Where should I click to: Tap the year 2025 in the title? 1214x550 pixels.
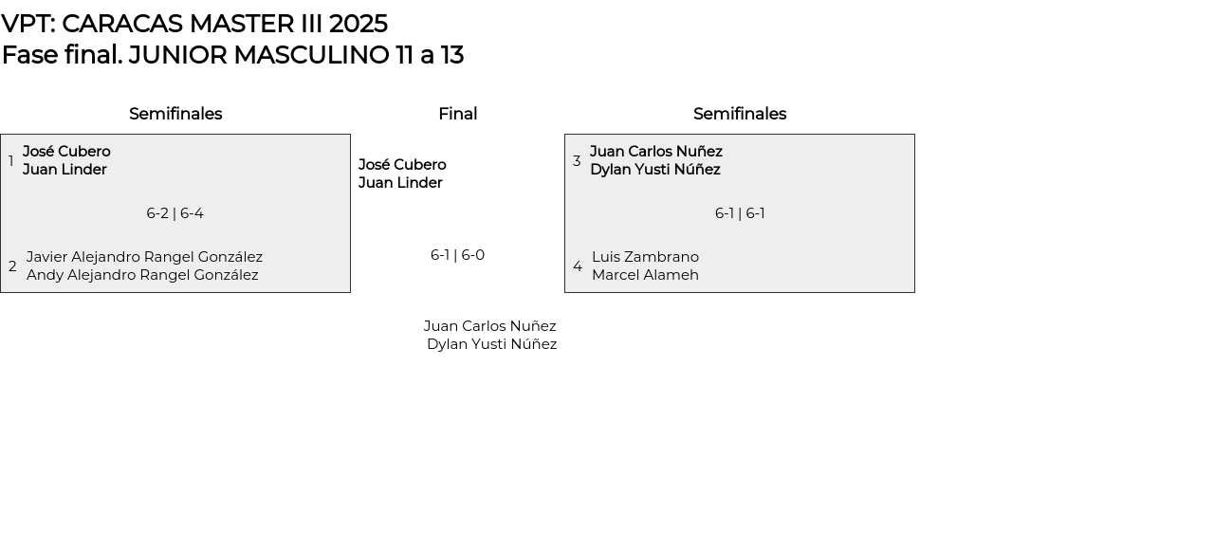point(358,24)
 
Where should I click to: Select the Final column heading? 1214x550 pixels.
point(457,114)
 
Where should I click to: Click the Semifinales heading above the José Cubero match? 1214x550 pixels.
point(175,114)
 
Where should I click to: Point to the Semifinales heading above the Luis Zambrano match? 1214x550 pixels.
point(740,114)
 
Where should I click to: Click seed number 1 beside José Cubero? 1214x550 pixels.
point(11,161)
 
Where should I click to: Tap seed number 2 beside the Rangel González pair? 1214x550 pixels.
point(12,266)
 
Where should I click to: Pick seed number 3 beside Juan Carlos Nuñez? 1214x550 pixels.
point(577,161)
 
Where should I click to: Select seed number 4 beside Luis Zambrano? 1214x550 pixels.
point(578,266)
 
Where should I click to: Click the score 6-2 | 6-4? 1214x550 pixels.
point(175,213)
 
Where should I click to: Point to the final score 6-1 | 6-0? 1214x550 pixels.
point(457,255)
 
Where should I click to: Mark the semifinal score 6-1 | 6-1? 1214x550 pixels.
point(740,213)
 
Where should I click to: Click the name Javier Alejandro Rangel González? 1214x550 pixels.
point(144,257)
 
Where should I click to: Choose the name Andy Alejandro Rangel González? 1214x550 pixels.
point(142,275)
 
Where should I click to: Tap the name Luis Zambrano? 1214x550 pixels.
point(645,257)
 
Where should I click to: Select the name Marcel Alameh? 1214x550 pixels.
point(645,275)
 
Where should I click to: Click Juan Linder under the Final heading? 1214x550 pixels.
point(400,183)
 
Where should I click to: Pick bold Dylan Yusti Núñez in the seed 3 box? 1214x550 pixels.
point(655,170)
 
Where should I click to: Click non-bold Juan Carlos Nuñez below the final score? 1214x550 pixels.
point(489,326)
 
